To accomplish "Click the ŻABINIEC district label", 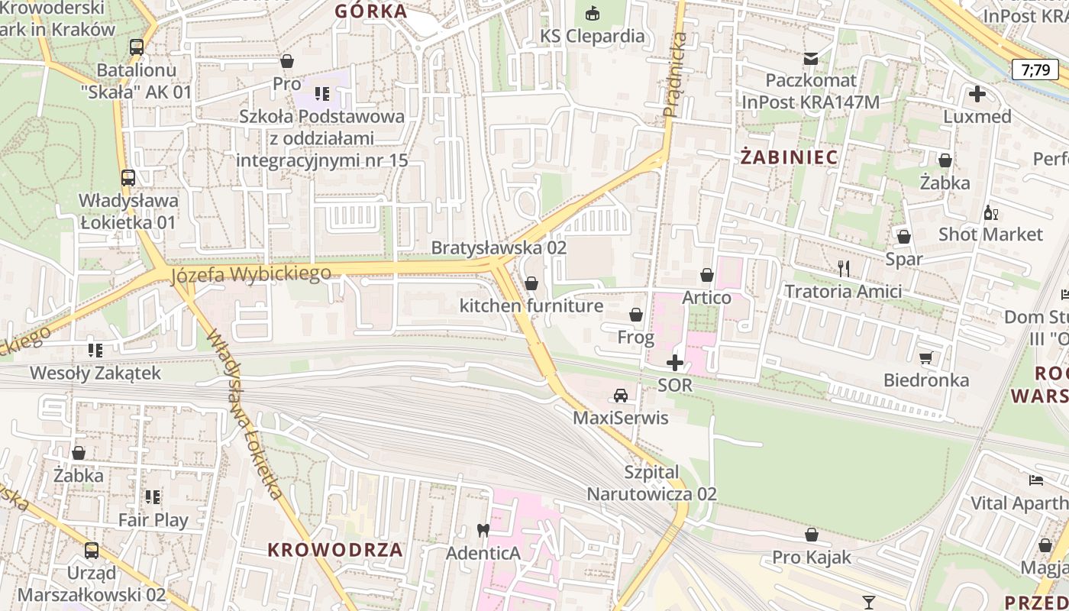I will (x=790, y=157).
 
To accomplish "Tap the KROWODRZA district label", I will (x=335, y=550).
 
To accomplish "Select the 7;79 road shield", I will (x=1035, y=70).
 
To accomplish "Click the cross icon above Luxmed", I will (x=977, y=95).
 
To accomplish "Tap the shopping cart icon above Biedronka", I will (x=926, y=357).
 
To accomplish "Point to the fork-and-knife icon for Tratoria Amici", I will (x=844, y=268).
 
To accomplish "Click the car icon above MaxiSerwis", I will (x=621, y=396).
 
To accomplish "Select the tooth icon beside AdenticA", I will (x=483, y=529).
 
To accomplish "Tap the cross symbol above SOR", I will (x=675, y=363).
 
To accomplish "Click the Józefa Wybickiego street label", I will (x=251, y=273).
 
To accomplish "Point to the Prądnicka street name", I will (x=673, y=74).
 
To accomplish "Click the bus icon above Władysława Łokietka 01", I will (x=128, y=178).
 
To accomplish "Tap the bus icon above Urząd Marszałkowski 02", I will (x=91, y=550).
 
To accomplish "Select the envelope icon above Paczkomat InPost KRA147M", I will (x=810, y=58).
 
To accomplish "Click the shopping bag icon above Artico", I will (x=707, y=275).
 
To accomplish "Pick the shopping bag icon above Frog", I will (x=635, y=315).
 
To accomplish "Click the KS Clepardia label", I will (x=593, y=36).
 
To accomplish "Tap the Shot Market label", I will (x=990, y=234).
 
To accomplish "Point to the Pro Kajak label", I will (x=811, y=557).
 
